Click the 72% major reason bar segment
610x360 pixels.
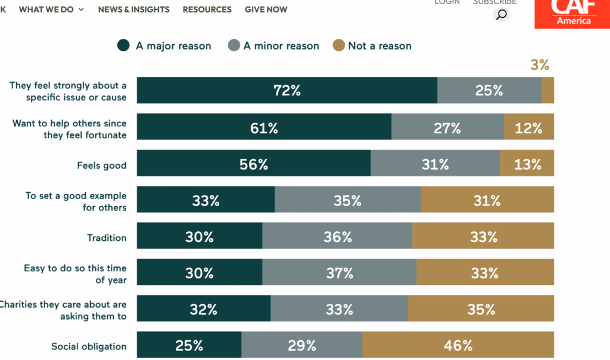pyautogui.click(x=287, y=91)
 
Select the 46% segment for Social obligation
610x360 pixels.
pyautogui.click(x=457, y=345)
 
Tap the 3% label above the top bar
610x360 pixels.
pyautogui.click(x=539, y=65)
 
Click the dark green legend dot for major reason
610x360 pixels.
pyautogui.click(x=124, y=46)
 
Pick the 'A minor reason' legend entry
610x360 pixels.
pyautogui.click(x=273, y=46)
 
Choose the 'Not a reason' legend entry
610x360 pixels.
pyautogui.click(x=372, y=46)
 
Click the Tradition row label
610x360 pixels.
pyautogui.click(x=107, y=238)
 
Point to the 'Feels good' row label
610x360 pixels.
pyautogui.click(x=101, y=165)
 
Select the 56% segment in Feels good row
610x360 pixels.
pyautogui.click(x=254, y=164)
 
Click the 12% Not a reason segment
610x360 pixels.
pyautogui.click(x=528, y=128)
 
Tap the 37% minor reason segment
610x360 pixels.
pyautogui.click(x=339, y=273)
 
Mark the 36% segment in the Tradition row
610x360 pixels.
pyautogui.click(x=337, y=237)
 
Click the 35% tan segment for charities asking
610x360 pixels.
pyautogui.click(x=481, y=309)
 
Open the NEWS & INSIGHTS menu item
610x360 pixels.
pyautogui.click(x=133, y=10)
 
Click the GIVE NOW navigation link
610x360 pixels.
pyautogui.click(x=266, y=10)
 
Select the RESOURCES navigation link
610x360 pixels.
pyautogui.click(x=207, y=10)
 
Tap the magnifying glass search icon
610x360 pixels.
pyautogui.click(x=502, y=14)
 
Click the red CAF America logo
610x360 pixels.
pyautogui.click(x=572, y=14)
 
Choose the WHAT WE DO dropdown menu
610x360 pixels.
pyautogui.click(x=51, y=10)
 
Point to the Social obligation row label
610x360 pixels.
pyautogui.click(x=89, y=346)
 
